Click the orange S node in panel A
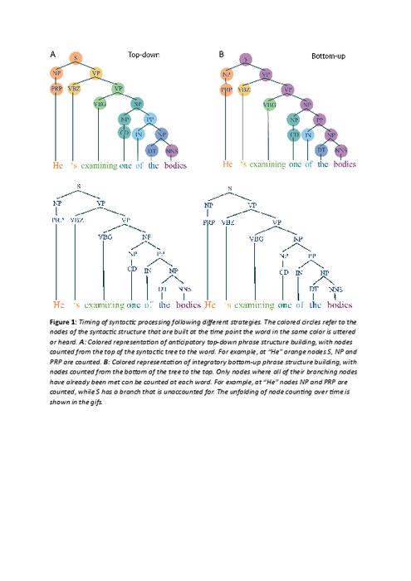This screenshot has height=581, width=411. point(76,57)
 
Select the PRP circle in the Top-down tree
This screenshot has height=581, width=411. point(56,88)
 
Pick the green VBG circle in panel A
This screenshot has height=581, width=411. point(100,105)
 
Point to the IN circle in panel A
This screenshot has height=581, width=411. point(139,133)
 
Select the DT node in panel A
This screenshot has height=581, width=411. point(152,150)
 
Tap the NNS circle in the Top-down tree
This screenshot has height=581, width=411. point(172,150)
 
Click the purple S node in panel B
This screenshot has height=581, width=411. point(246,58)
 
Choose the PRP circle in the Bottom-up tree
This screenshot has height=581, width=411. point(227,88)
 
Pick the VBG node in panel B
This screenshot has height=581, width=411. point(270,105)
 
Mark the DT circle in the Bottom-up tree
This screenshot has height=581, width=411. point(322,150)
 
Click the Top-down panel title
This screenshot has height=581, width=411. point(144,55)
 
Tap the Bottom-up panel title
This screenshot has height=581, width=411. point(328,56)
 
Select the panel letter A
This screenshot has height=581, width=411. point(53,54)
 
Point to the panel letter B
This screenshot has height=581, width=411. point(222,54)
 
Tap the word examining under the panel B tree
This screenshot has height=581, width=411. point(267,165)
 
